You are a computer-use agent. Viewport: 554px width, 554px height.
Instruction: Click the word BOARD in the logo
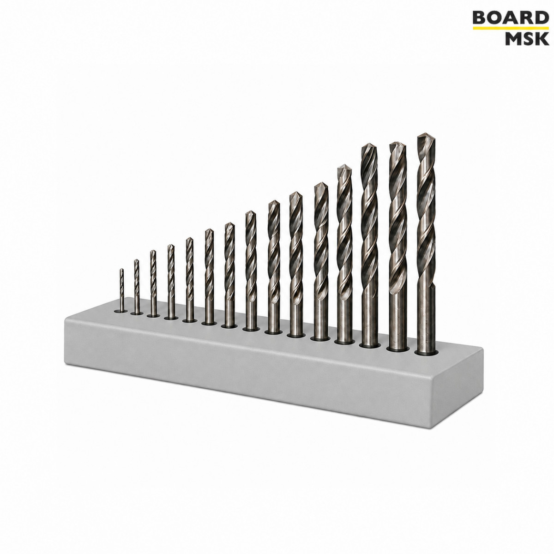(x=509, y=18)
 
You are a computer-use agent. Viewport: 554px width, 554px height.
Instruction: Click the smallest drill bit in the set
(x=122, y=290)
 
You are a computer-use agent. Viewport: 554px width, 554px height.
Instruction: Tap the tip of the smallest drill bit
(x=121, y=269)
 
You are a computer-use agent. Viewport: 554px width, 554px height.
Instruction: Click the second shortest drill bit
(x=137, y=286)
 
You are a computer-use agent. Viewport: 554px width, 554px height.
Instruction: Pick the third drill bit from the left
(x=153, y=283)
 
